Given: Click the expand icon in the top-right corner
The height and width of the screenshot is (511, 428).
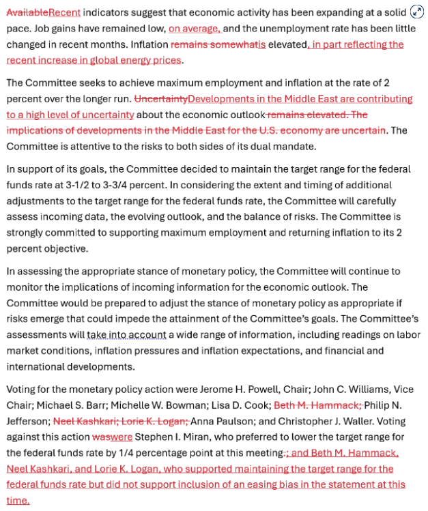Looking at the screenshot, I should click(416, 12).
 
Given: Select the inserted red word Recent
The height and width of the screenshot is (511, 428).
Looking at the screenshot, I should click(64, 12).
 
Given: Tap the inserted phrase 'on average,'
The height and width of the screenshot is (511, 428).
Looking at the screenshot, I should click(195, 28).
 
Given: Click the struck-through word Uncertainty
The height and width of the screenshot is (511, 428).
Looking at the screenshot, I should click(160, 99).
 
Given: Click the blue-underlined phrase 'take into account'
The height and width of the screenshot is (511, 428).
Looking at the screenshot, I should click(127, 334).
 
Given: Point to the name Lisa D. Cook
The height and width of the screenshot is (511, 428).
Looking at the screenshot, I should click(238, 405).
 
